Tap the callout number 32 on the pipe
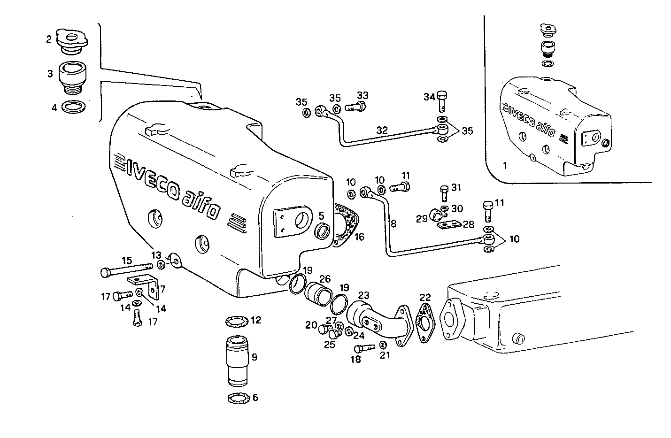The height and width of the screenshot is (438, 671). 382,130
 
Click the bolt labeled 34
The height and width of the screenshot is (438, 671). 442,100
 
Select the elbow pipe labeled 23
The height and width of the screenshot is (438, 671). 376,320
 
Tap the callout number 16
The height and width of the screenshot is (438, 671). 359,237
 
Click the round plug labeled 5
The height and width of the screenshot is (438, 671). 323,231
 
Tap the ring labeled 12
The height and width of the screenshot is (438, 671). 238,322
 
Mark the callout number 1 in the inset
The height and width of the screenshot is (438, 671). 505,165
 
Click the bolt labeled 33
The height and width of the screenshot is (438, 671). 356,107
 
